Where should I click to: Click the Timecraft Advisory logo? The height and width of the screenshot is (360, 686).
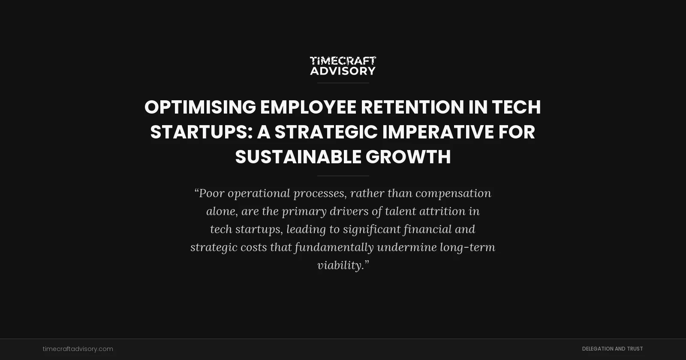pos(343,66)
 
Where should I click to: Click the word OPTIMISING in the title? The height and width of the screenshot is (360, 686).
pos(200,107)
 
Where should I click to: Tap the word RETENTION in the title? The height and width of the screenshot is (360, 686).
pos(412,107)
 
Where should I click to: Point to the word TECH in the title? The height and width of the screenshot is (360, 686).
pos(516,107)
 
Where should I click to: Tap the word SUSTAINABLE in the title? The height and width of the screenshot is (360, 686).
pos(298,157)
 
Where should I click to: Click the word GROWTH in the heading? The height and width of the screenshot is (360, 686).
pos(408,157)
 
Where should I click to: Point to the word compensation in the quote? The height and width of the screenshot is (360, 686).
pos(453,193)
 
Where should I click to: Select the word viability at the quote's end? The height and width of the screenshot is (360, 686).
pos(340,265)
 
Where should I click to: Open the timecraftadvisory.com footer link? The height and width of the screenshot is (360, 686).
pos(78,349)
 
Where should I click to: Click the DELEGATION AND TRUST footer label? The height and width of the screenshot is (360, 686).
pos(612,349)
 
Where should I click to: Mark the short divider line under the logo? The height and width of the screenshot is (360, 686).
pos(343,83)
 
